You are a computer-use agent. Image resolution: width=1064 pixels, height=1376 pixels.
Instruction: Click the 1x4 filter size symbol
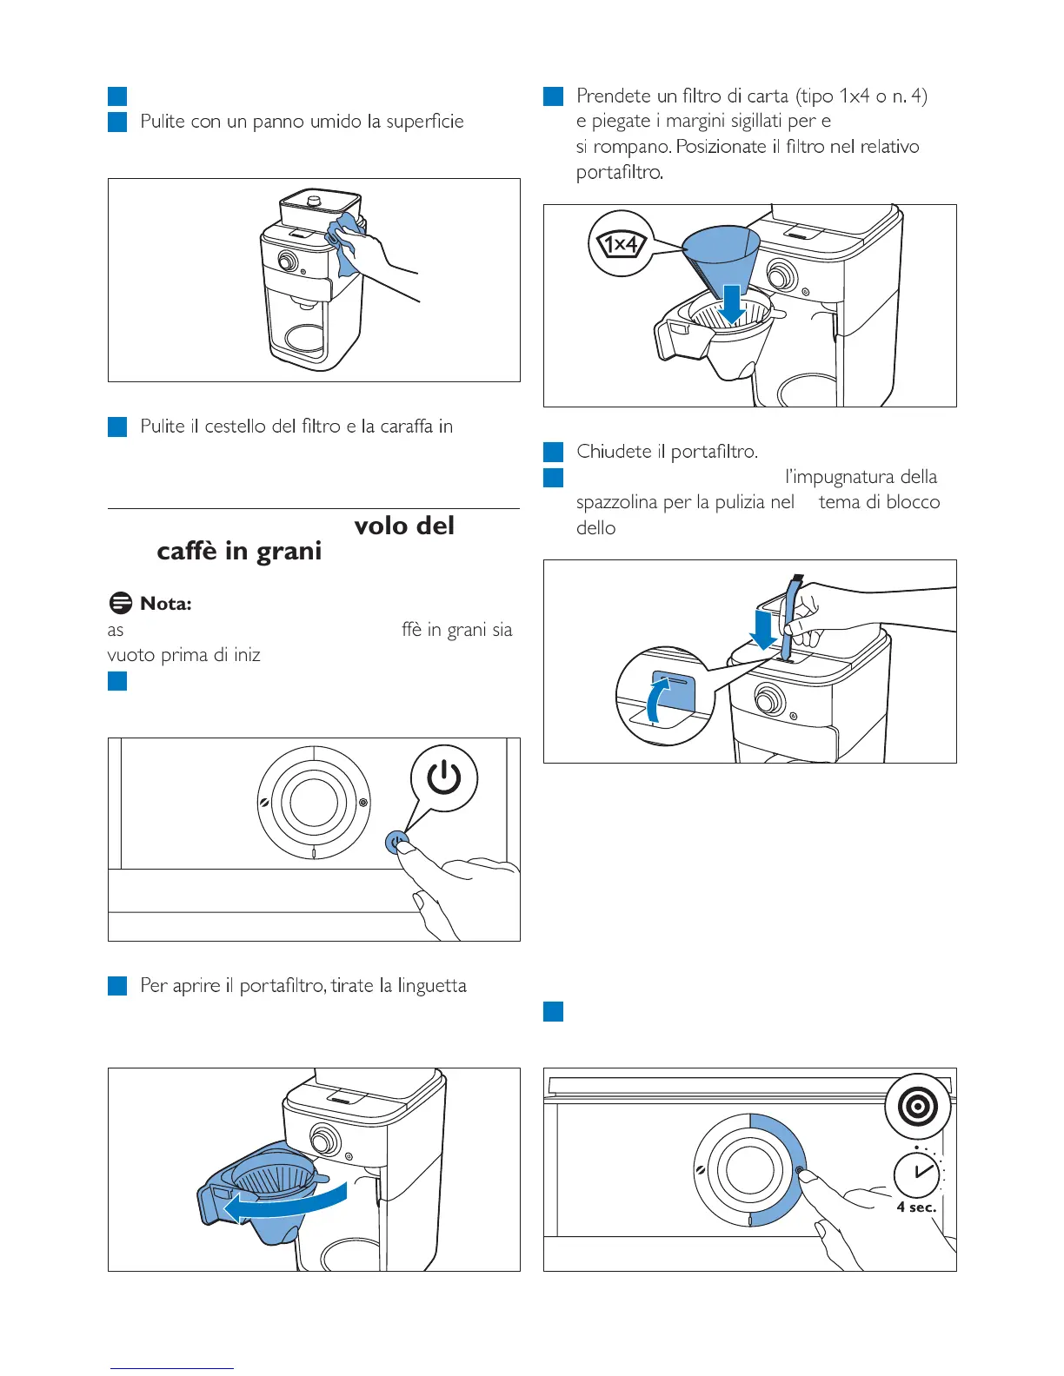click(x=621, y=244)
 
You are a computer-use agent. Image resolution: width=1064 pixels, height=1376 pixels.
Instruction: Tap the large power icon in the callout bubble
click(x=443, y=777)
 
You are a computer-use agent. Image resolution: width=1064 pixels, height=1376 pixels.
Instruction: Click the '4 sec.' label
click(x=916, y=1207)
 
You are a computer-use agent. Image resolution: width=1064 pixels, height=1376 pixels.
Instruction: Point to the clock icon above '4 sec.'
click(x=917, y=1173)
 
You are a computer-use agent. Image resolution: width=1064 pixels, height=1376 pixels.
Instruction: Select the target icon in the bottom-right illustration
click(x=918, y=1107)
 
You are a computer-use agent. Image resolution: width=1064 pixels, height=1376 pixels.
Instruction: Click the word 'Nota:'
click(x=165, y=604)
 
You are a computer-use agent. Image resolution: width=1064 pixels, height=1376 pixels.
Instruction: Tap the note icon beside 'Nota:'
click(x=121, y=604)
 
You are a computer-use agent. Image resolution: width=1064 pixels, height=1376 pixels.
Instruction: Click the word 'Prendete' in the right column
click(x=614, y=96)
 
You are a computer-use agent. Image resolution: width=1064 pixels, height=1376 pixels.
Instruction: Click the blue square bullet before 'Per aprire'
click(x=117, y=986)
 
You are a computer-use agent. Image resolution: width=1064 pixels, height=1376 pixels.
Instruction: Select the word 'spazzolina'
click(x=616, y=502)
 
